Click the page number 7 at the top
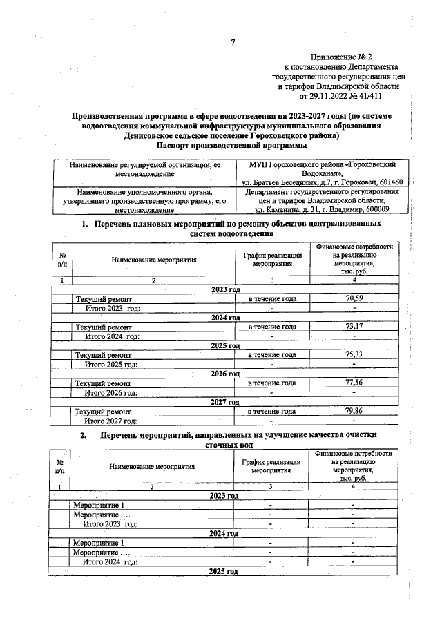233,43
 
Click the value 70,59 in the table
354,298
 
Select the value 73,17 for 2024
354,327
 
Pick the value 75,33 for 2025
354,354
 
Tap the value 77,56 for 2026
354,383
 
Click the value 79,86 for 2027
354,411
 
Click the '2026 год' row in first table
225,374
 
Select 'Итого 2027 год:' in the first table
111,420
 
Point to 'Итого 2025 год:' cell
110,364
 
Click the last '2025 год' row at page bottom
224,571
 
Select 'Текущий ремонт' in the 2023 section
104,298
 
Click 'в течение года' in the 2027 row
272,411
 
